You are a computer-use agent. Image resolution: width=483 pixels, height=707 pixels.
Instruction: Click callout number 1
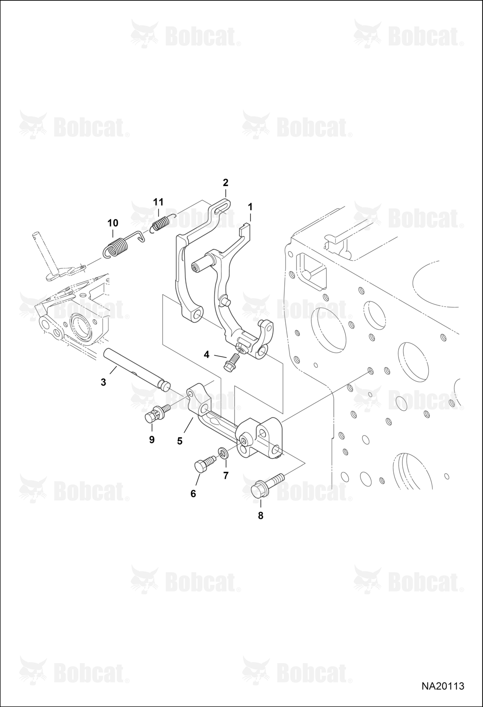coord(250,206)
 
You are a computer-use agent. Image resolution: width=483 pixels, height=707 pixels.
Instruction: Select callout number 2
coord(225,183)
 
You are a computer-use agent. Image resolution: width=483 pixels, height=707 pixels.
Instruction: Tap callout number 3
coord(103,382)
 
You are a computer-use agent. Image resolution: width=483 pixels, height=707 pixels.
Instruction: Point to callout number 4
coord(207,354)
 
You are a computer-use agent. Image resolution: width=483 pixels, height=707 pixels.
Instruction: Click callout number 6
coord(193,494)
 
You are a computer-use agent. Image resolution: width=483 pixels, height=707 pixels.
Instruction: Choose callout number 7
coord(226,475)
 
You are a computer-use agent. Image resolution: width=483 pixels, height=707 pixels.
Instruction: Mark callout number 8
coord(261,516)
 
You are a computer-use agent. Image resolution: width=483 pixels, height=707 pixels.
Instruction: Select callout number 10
coord(113,223)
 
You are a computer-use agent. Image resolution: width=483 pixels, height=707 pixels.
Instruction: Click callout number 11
coord(158,202)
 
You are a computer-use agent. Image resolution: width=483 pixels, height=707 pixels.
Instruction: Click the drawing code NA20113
coord(442,686)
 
